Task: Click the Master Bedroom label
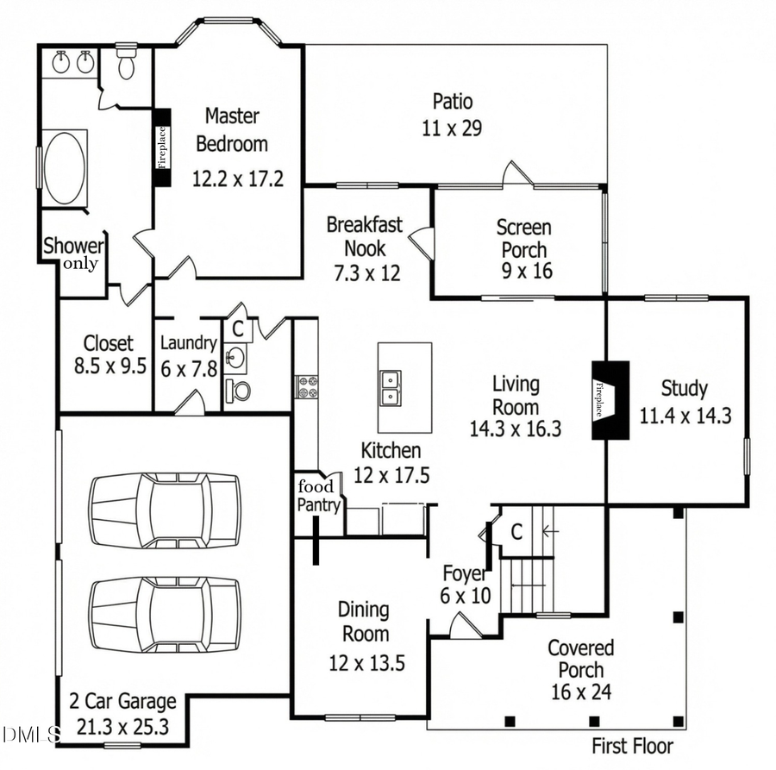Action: click(232, 129)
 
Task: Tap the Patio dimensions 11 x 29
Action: click(451, 129)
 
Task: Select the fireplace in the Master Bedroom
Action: click(161, 147)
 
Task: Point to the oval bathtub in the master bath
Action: click(64, 167)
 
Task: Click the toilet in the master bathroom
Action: click(126, 64)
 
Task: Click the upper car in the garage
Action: click(163, 510)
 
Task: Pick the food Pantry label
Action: click(318, 497)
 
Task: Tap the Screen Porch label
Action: click(523, 239)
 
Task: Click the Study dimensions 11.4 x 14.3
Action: click(685, 416)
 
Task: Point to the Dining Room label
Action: click(363, 622)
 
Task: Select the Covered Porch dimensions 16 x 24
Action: click(581, 692)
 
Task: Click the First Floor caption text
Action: click(632, 746)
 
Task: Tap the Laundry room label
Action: click(188, 343)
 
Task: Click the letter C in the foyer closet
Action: click(516, 532)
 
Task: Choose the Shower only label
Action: click(73, 254)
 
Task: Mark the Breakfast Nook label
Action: click(364, 237)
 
